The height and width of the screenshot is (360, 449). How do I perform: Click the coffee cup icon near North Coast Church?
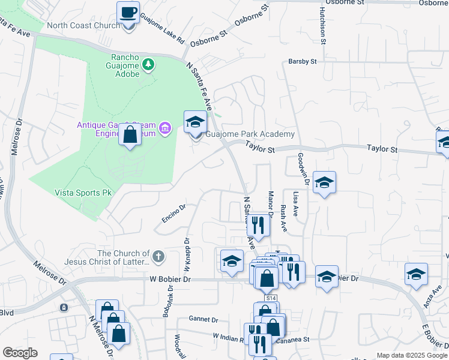click(x=129, y=12)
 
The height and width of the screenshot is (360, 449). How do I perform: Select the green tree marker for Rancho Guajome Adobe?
click(x=147, y=64)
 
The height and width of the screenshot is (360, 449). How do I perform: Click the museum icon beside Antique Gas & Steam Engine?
click(x=165, y=127)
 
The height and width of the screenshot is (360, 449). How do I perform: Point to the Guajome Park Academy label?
click(x=250, y=134)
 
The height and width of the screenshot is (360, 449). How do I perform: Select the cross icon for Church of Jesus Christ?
click(x=158, y=257)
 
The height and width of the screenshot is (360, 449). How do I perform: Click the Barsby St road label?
click(x=303, y=61)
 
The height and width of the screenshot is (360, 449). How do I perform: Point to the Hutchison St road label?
click(x=322, y=27)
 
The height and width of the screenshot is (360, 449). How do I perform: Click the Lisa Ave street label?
click(x=295, y=204)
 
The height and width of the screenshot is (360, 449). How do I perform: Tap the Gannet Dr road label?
click(x=202, y=319)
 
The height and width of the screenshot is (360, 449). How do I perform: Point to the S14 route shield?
click(x=271, y=298)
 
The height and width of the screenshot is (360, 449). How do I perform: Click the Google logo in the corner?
click(x=20, y=353)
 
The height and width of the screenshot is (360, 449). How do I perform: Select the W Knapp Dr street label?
click(x=187, y=247)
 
